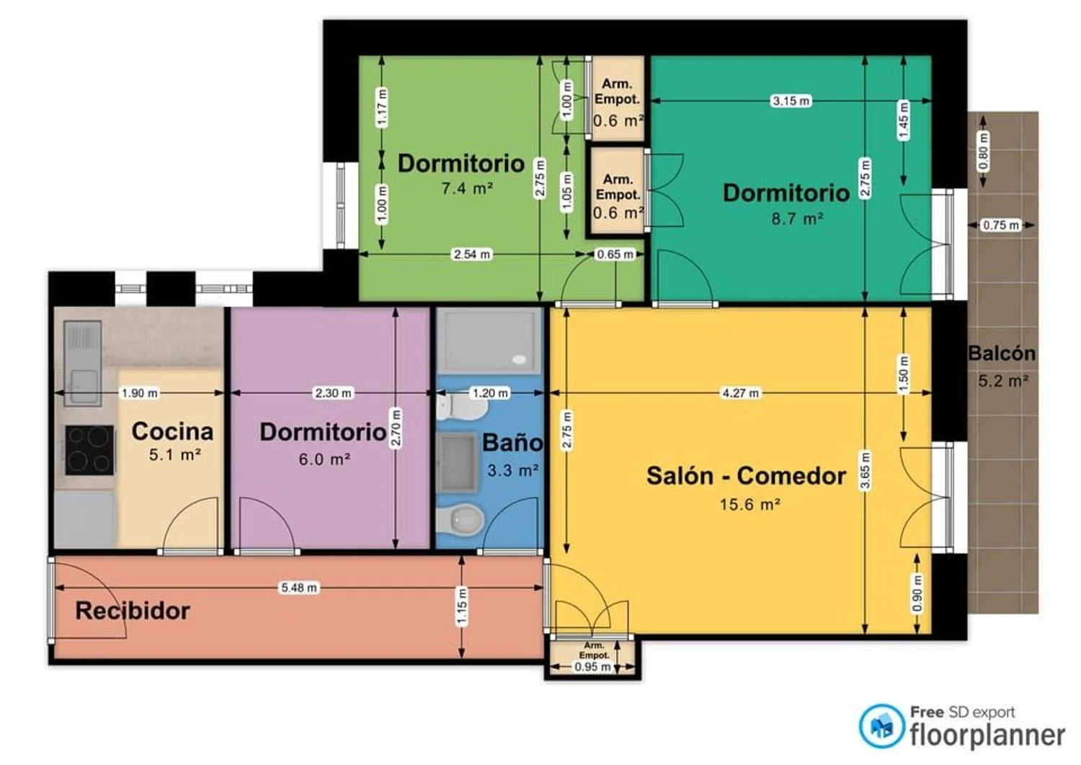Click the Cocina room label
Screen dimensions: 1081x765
172,431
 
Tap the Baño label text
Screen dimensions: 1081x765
512,443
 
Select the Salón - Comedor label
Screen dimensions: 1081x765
746,476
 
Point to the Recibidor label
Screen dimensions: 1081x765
133,611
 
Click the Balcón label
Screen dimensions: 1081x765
1002,353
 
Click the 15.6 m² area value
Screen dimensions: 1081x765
750,504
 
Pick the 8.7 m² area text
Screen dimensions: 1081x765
797,218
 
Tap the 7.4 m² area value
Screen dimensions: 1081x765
467,188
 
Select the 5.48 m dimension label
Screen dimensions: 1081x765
299,588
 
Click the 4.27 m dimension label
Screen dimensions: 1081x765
740,393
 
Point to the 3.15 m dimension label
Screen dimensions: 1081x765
791,101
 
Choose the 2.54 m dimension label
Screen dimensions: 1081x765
472,254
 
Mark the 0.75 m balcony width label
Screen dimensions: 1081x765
1001,225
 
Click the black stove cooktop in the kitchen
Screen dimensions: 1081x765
90,450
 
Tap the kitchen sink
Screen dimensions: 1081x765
83,363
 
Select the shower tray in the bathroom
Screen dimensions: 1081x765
489,341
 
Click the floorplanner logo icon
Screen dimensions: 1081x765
881,726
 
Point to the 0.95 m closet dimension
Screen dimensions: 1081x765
592,667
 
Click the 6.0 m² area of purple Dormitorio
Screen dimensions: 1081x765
324,459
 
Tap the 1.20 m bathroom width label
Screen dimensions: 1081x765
490,393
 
